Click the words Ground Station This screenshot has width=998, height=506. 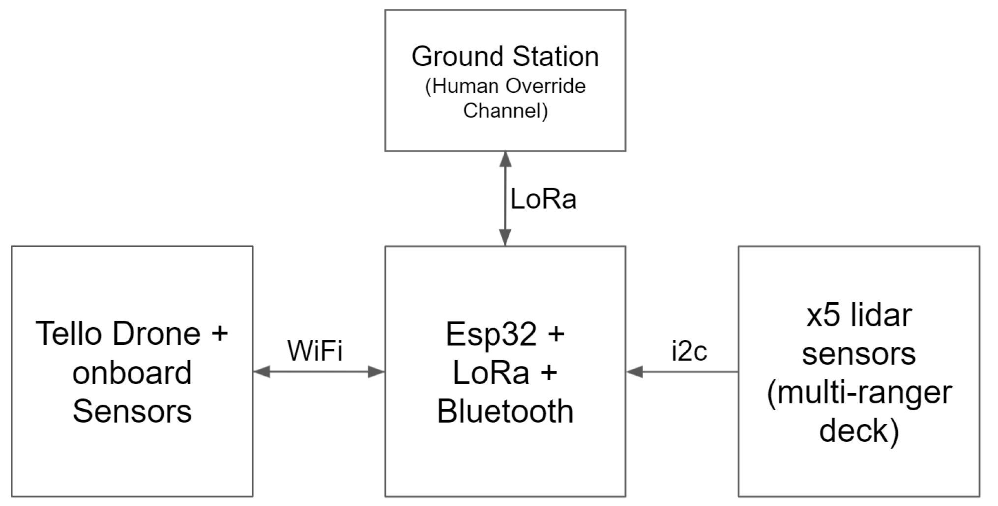(x=505, y=56)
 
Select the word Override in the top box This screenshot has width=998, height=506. (x=546, y=86)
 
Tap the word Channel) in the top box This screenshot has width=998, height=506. (x=505, y=111)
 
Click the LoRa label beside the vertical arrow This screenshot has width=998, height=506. (x=543, y=199)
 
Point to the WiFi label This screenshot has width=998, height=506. (x=315, y=351)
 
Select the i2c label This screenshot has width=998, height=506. (x=689, y=351)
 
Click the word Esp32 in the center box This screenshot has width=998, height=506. (x=491, y=335)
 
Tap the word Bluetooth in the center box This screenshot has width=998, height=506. (x=505, y=411)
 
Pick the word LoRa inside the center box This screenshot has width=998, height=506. (x=491, y=373)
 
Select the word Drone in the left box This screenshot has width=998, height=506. (x=157, y=334)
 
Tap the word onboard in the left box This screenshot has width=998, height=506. (x=132, y=373)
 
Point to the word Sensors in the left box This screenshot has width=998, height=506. (x=132, y=411)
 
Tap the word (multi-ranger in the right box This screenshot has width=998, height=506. (x=859, y=393)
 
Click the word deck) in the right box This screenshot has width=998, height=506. (x=859, y=431)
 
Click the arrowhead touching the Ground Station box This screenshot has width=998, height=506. (x=505, y=159)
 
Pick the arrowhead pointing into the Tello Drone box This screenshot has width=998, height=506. (x=261, y=372)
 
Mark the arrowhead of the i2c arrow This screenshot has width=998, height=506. (x=635, y=372)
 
